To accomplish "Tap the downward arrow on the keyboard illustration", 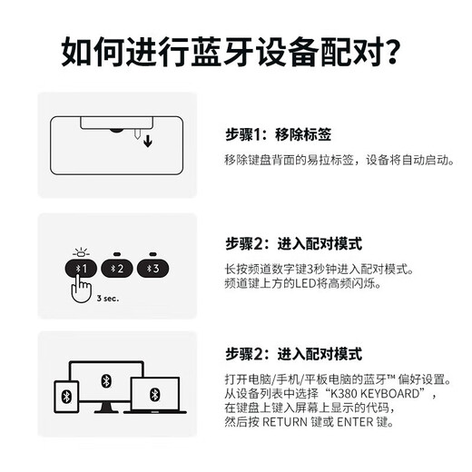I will click(x=148, y=141).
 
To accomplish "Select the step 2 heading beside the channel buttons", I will click(x=293, y=243).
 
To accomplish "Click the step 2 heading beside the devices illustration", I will click(x=293, y=354).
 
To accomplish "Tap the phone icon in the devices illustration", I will click(x=66, y=397).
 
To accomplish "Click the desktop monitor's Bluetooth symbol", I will click(x=105, y=380).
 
